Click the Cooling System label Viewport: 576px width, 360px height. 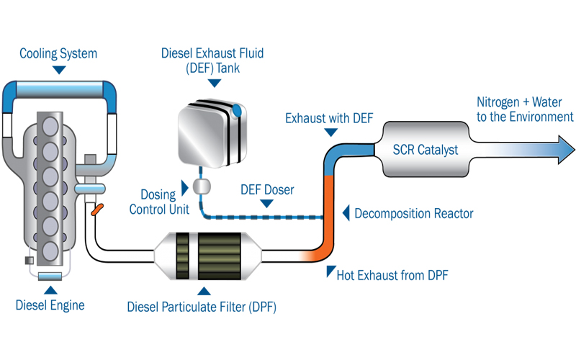point(58,54)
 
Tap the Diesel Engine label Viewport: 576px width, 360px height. point(50,305)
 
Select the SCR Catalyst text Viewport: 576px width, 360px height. point(426,150)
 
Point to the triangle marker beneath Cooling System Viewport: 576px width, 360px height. point(59,69)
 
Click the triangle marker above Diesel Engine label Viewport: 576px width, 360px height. point(50,290)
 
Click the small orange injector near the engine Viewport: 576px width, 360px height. point(98,210)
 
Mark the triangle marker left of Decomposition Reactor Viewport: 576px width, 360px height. point(346,213)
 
